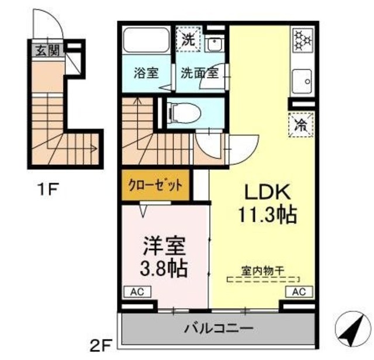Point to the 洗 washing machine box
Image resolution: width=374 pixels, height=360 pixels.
pos(188,40)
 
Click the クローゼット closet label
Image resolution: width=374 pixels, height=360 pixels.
pos(156,184)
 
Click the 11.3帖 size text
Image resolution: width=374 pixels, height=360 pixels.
pos(266,214)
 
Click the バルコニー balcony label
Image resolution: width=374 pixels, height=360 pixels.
pos(220,328)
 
